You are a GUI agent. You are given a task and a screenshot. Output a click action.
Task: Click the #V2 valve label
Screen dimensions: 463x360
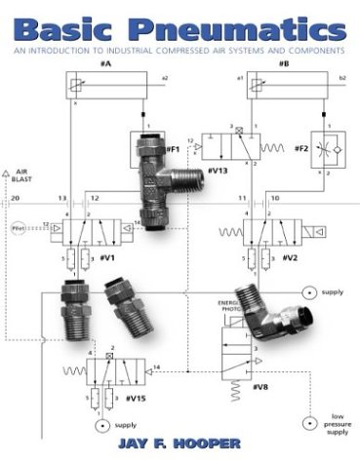(290, 259)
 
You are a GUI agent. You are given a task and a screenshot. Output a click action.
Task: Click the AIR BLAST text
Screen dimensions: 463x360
(20, 175)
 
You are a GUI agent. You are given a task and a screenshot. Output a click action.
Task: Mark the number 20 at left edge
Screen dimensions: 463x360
(14, 199)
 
